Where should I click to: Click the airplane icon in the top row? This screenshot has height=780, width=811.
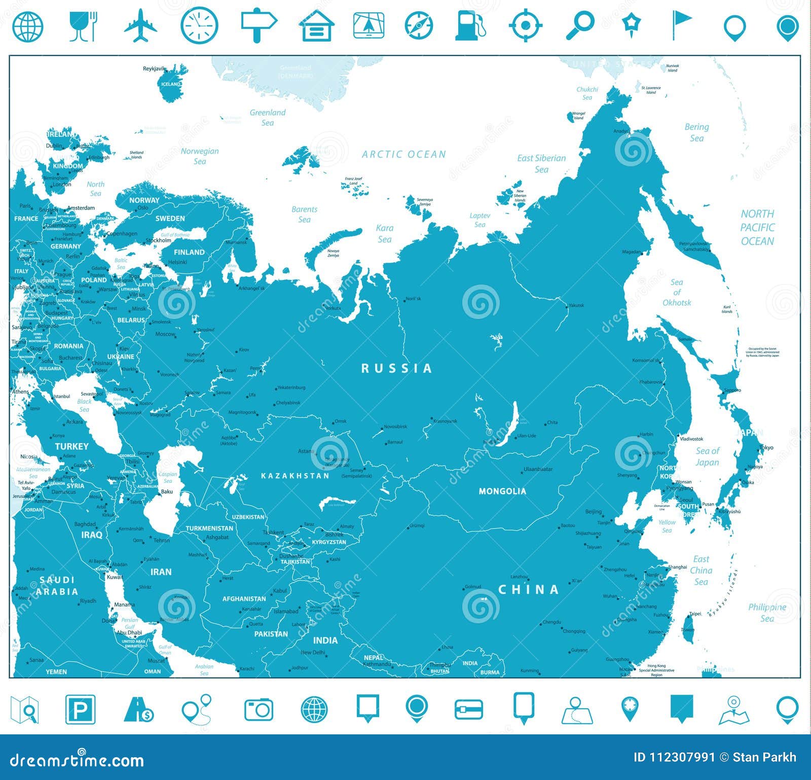pyautogui.click(x=140, y=25)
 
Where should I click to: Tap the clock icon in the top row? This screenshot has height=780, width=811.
pyautogui.click(x=199, y=25)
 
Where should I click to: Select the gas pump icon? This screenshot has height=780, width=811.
pyautogui.click(x=470, y=25)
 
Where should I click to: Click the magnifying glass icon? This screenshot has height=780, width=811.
pyautogui.click(x=579, y=25)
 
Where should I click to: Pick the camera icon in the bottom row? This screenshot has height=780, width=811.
pyautogui.click(x=259, y=709)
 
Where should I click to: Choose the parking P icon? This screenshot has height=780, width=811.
pyautogui.click(x=80, y=709)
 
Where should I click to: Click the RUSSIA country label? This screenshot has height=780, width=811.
pyautogui.click(x=397, y=368)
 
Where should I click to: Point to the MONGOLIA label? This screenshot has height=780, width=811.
pyautogui.click(x=502, y=491)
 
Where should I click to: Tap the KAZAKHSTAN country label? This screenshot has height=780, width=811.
pyautogui.click(x=295, y=476)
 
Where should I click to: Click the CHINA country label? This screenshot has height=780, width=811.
pyautogui.click(x=529, y=589)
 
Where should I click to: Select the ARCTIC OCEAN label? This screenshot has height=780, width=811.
pyautogui.click(x=404, y=154)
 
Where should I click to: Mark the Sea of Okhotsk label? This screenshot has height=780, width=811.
pyautogui.click(x=677, y=292)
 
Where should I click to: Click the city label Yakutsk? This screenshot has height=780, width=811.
pyautogui.click(x=576, y=305)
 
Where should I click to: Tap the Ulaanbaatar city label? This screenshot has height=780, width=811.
pyautogui.click(x=538, y=469)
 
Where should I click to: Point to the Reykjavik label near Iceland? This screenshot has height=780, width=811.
pyautogui.click(x=154, y=68)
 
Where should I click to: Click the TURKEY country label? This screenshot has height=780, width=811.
pyautogui.click(x=71, y=446)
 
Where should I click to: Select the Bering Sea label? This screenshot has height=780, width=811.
pyautogui.click(x=696, y=132)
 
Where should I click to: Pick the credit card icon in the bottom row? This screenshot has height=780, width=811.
pyautogui.click(x=469, y=710)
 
